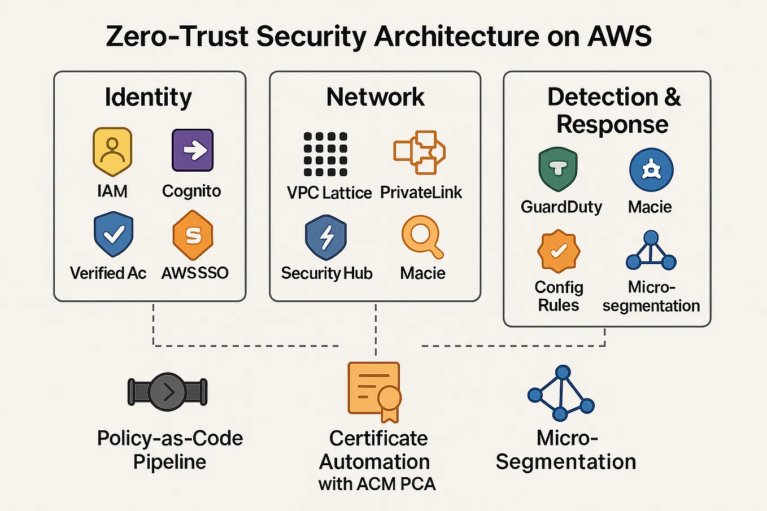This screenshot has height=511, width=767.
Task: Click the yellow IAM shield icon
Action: click(112, 151)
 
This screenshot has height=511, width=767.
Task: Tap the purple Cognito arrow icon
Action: click(193, 150)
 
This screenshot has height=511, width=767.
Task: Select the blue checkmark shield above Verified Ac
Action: click(114, 234)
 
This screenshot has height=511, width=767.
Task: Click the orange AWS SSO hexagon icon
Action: click(193, 235)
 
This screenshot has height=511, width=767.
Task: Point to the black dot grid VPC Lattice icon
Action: click(325, 154)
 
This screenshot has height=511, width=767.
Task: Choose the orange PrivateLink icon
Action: click(420, 152)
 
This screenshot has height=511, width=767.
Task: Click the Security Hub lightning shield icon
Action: click(325, 237)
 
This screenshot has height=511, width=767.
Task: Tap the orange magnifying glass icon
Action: click(422, 236)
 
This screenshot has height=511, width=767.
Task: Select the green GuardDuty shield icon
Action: click(558, 169)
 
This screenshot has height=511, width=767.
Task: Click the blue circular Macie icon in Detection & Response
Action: click(651, 169)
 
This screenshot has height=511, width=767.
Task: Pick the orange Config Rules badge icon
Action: click(559, 251)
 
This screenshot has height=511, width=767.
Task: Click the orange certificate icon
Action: click(374, 392)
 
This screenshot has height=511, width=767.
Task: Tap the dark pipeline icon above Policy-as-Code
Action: click(168, 392)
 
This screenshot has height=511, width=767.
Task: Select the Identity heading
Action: click(149, 97)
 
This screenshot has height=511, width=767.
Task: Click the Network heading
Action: click(375, 97)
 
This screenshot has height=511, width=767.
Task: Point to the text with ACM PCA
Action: click(377, 484)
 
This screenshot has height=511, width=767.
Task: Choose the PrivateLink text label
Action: click(421, 193)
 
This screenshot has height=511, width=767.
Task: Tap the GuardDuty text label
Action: click(561, 207)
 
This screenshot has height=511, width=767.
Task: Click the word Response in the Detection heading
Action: click(612, 124)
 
